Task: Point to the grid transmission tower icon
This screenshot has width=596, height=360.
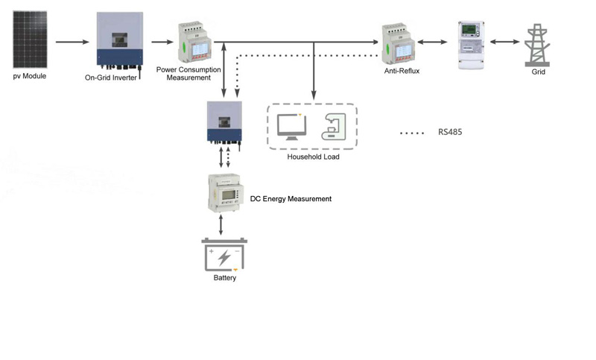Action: pyautogui.click(x=536, y=44)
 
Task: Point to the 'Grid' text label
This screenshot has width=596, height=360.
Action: pyautogui.click(x=537, y=74)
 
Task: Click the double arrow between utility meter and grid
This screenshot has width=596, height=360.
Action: pyautogui.click(x=505, y=42)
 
